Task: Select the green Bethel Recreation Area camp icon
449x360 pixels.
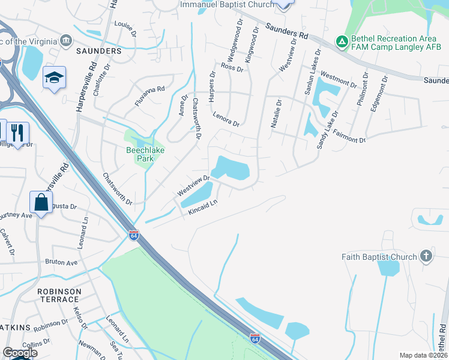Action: click(342, 41)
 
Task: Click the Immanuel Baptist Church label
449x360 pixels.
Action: click(227, 4)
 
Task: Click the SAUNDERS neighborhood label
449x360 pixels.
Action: click(99, 52)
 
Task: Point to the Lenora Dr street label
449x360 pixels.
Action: click(226, 118)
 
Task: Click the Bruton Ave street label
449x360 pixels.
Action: click(61, 262)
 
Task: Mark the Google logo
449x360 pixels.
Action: click(20, 352)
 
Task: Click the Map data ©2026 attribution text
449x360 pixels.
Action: click(423, 355)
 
